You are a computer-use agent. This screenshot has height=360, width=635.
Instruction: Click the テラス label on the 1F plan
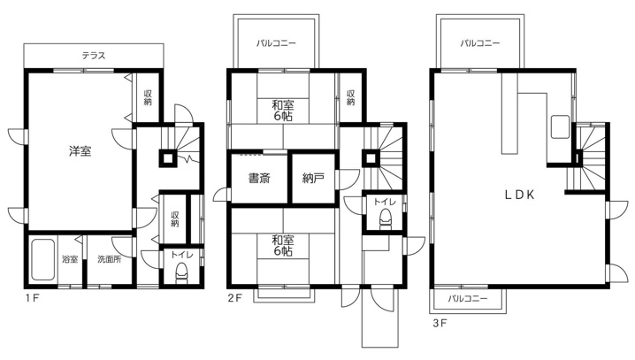(x=94, y=56)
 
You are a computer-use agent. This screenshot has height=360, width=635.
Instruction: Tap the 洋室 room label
(x=80, y=151)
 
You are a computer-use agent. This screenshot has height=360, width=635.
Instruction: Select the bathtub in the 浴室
(x=42, y=259)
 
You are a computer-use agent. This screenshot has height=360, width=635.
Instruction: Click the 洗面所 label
(x=110, y=259)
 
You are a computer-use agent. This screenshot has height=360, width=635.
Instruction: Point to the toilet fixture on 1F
(x=181, y=272)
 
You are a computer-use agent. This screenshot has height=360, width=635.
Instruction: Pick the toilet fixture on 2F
(x=385, y=218)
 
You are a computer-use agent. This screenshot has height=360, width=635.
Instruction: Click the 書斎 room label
(x=259, y=178)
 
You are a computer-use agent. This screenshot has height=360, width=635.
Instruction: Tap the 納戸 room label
(x=313, y=178)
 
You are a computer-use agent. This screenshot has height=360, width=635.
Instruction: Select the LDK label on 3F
(x=519, y=195)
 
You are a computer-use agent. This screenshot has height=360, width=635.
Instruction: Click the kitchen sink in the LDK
(x=559, y=126)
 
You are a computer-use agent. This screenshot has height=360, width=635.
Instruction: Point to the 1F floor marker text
(x=32, y=299)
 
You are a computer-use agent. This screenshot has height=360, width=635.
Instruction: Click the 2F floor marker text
(x=234, y=298)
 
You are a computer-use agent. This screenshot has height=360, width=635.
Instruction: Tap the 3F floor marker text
(x=440, y=323)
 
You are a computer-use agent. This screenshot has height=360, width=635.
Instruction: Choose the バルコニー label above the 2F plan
(x=276, y=43)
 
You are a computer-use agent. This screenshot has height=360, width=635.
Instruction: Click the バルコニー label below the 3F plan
(x=468, y=299)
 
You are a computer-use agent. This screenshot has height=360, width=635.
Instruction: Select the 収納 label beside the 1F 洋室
(x=148, y=97)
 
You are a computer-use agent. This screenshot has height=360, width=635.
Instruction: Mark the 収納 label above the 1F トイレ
(x=174, y=218)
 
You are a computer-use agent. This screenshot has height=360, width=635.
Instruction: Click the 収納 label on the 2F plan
(x=351, y=97)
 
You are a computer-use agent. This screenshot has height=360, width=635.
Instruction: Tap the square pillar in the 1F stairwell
(x=168, y=158)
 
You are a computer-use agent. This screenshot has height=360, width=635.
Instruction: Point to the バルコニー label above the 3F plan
(x=480, y=43)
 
